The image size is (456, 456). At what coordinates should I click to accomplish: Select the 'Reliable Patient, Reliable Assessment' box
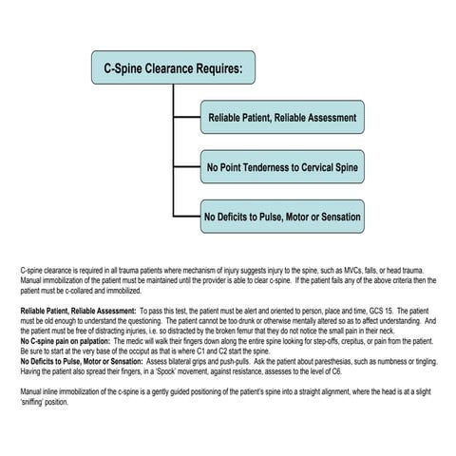tap(282, 119)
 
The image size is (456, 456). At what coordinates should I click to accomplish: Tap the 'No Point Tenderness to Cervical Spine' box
tap(282, 169)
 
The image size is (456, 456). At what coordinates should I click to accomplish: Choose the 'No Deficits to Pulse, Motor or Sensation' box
tap(282, 218)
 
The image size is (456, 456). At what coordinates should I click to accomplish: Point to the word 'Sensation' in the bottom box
tap(338, 218)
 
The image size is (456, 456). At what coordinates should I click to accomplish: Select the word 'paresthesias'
tap(328, 357)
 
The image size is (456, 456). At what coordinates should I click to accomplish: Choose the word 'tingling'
tap(419, 357)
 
